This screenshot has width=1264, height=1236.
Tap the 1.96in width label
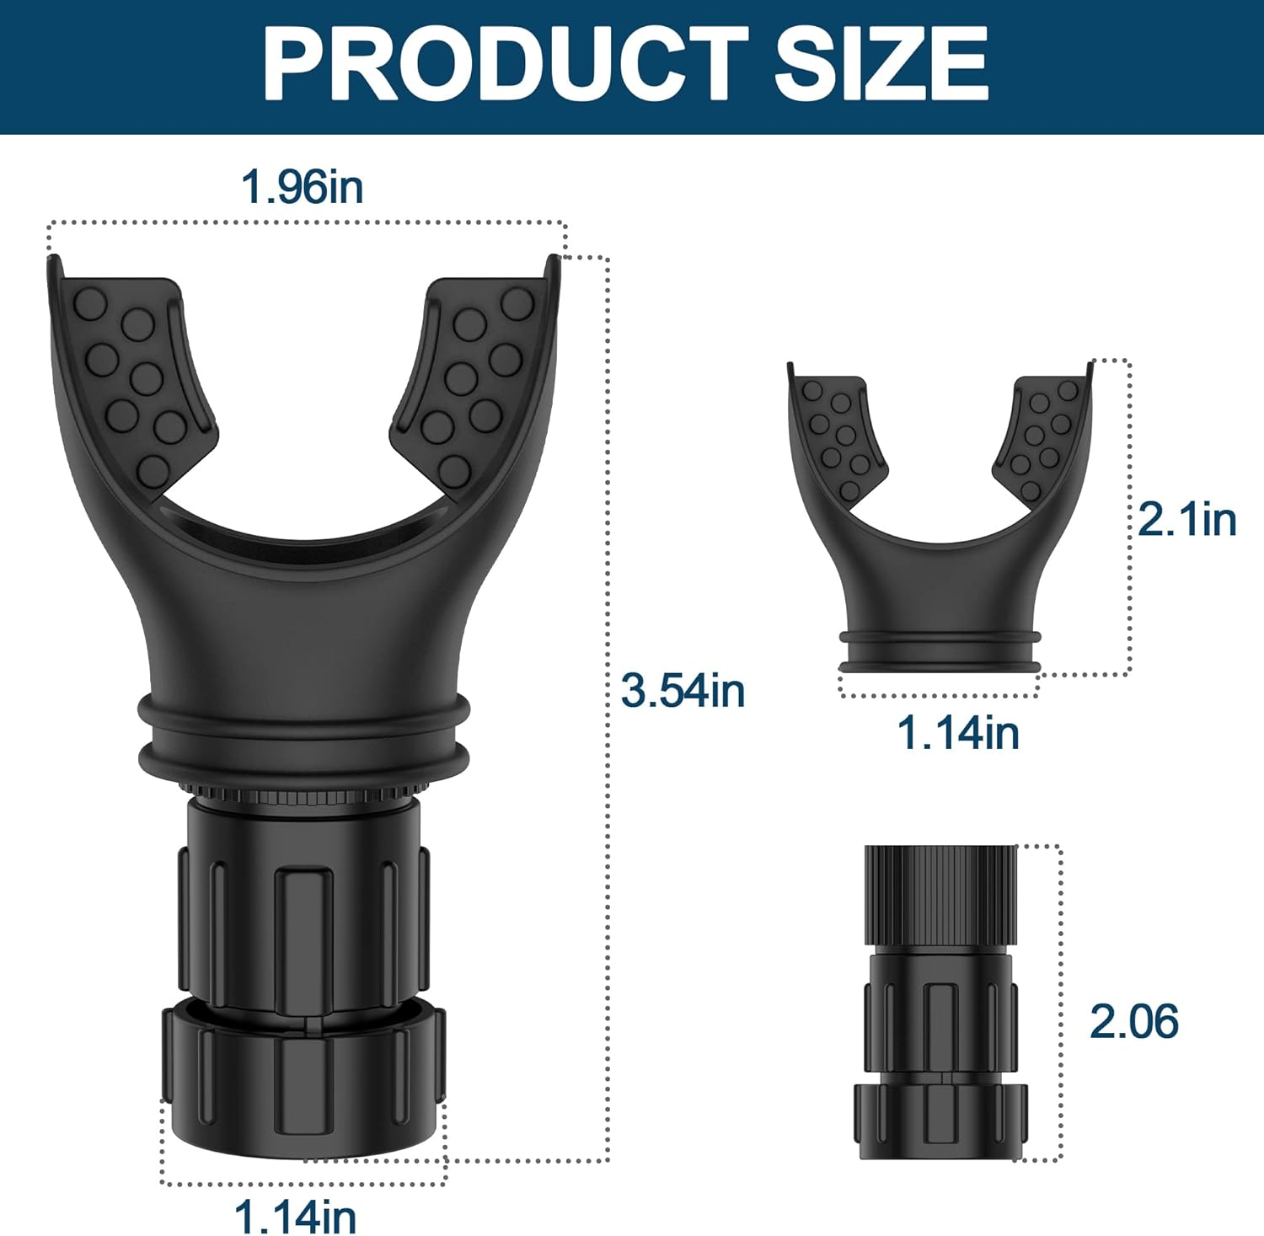point(302,186)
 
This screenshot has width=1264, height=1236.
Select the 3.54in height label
point(683,690)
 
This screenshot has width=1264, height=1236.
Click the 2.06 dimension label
point(1133,1021)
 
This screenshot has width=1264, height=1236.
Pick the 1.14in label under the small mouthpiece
point(958,732)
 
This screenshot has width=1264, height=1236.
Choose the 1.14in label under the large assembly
point(295,1216)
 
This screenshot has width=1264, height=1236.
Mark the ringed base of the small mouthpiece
point(940,650)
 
